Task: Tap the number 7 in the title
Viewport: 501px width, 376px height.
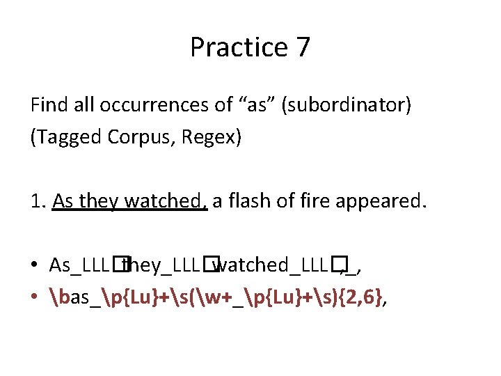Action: click(x=303, y=47)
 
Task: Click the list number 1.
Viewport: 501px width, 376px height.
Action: click(x=38, y=201)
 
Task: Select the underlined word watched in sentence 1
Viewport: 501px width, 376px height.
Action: click(x=166, y=201)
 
